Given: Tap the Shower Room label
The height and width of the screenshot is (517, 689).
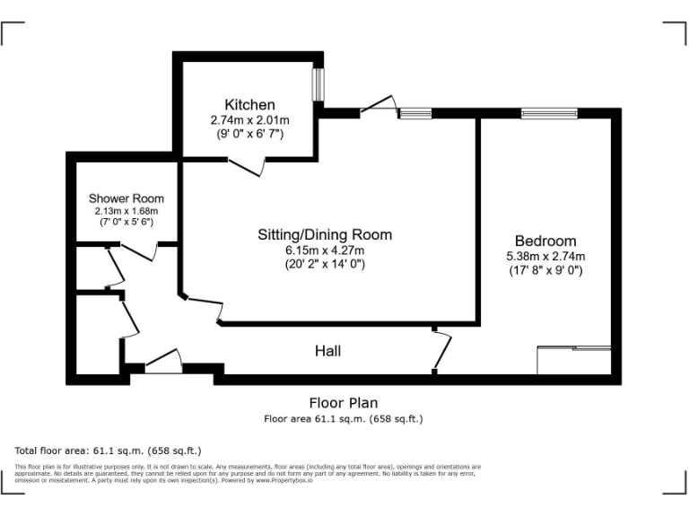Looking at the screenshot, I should tap(126, 198).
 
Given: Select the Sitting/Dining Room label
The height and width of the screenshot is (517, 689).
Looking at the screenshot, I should tap(325, 235).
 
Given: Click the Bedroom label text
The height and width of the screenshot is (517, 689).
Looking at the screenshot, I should tap(545, 241).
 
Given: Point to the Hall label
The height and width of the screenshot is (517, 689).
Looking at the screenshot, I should tap(327, 351).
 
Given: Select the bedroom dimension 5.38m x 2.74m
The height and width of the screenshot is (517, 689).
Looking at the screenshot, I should tap(545, 256).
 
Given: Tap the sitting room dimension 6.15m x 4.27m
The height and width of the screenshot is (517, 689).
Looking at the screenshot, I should tap(325, 250).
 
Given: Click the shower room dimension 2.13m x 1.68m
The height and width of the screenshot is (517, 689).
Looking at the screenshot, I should tap(126, 211).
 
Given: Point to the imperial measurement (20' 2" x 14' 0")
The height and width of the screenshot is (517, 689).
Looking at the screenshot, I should tap(325, 264).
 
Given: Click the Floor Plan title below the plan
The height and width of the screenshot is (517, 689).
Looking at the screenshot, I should tap(344, 403).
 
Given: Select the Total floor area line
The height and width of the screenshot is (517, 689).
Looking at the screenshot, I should tap(109, 451).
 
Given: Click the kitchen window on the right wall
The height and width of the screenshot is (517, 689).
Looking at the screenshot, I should tap(317, 86).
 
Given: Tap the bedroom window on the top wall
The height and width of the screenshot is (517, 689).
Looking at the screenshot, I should tap(537, 113).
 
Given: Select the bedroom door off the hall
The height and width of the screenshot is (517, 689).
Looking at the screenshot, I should tap(440, 351).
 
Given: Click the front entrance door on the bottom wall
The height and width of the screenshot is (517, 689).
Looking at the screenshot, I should tap(163, 363).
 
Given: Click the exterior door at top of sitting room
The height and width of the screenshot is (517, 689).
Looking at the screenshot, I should tap(379, 106).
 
